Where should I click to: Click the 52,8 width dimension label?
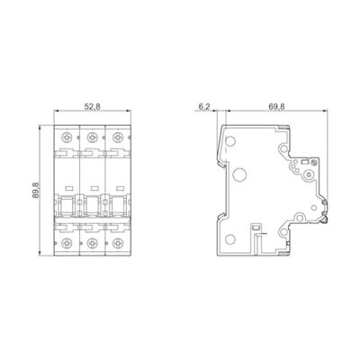91,107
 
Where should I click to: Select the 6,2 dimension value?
204,107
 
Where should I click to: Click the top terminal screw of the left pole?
67,139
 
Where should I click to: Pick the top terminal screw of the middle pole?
91,139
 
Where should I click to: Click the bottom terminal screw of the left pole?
67,242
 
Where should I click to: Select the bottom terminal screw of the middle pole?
91,242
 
